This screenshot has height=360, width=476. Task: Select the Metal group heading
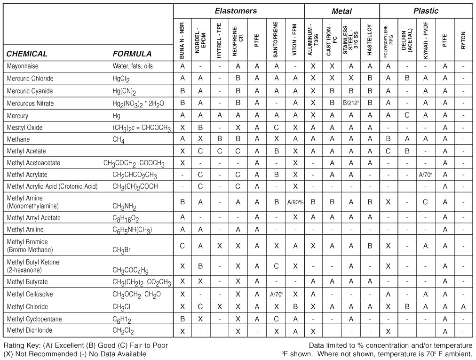(x=341, y=11)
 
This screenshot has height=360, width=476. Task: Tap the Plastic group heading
(x=426, y=11)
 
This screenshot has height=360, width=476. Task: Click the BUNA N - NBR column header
(x=182, y=40)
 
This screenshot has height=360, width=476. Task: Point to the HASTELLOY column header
(x=370, y=40)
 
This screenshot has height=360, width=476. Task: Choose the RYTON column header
(x=463, y=40)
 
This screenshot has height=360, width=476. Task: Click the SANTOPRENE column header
(x=276, y=40)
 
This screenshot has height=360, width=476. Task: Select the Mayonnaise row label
(x=23, y=66)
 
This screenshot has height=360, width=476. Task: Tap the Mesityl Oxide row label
(x=24, y=128)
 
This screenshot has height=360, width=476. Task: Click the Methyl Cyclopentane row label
(x=34, y=319)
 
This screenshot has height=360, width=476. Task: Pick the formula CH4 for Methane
(x=119, y=140)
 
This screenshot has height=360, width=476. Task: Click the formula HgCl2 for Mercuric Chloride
(x=121, y=79)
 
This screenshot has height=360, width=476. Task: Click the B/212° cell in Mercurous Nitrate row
(x=351, y=103)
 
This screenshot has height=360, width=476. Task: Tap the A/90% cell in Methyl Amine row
(x=295, y=202)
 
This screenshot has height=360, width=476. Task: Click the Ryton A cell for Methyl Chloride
(x=463, y=307)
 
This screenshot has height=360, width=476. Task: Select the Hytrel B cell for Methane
(x=220, y=139)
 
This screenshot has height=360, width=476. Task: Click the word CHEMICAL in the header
(x=27, y=54)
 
